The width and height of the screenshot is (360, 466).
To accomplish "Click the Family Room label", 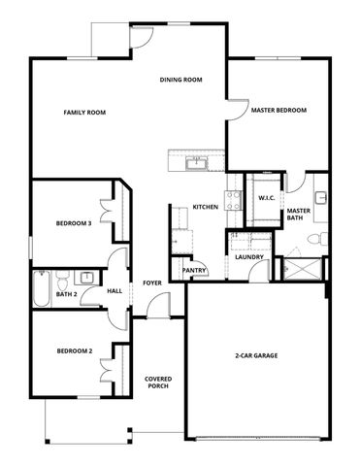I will pyautogui.click(x=84, y=113).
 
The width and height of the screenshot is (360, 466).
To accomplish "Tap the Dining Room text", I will pyautogui.click(x=180, y=80).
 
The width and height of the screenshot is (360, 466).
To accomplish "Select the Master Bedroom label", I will pyautogui.click(x=278, y=111).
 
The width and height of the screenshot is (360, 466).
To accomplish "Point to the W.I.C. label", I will pyautogui.click(x=267, y=198).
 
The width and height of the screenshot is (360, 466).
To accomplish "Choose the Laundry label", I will pyautogui.click(x=249, y=256).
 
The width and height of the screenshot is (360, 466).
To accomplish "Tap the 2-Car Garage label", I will pyautogui.click(x=257, y=355).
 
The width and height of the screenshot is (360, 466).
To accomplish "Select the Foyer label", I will pyautogui.click(x=152, y=283).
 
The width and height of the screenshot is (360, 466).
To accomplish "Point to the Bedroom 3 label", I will pyautogui.click(x=74, y=223).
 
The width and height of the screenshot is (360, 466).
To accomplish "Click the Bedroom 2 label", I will pyautogui.click(x=74, y=350).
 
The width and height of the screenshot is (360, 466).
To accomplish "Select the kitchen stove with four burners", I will pyautogui.click(x=234, y=201).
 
